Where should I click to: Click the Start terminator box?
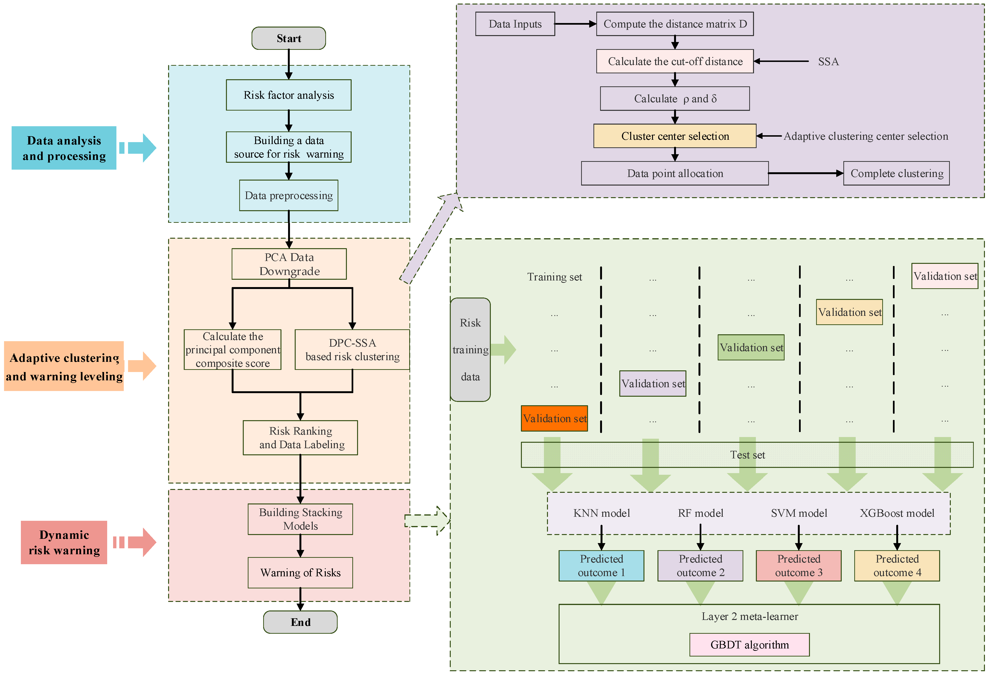pos(289,38)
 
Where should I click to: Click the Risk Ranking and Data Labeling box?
pos(300,438)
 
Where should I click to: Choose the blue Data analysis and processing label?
pos(64,148)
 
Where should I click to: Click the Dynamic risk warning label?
pos(64,542)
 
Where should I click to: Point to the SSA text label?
pos(828,62)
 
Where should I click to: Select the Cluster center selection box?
pos(675,136)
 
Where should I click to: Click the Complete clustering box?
pos(896,173)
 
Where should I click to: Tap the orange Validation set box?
pos(554,419)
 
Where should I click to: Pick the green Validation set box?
pos(751,348)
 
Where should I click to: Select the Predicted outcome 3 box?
pos(798,566)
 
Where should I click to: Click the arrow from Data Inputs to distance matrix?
pos(575,24)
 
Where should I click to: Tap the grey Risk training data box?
pos(470,350)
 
